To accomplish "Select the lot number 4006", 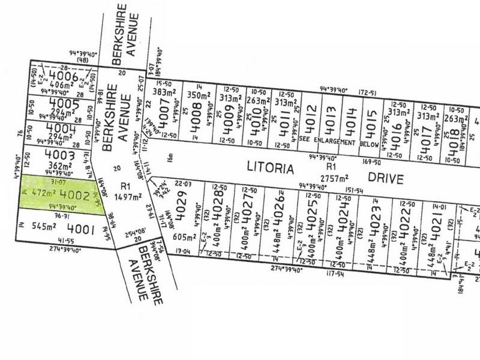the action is pos(64,76).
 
